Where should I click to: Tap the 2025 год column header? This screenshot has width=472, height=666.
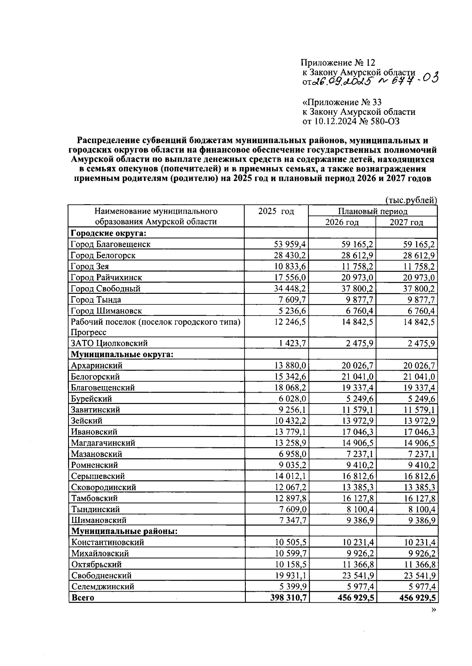(276, 211)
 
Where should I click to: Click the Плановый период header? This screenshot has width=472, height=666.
(372, 211)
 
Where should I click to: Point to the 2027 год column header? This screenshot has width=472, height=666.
(406, 222)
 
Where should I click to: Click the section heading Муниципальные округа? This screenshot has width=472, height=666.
(122, 354)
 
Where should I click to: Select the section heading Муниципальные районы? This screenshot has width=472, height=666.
(124, 531)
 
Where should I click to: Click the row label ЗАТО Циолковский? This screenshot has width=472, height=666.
(109, 343)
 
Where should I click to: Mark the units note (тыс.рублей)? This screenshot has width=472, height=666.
(411, 200)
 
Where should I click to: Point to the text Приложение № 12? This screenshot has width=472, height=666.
(338, 63)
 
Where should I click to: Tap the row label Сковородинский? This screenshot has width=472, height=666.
(103, 487)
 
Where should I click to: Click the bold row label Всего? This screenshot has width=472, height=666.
(83, 598)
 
